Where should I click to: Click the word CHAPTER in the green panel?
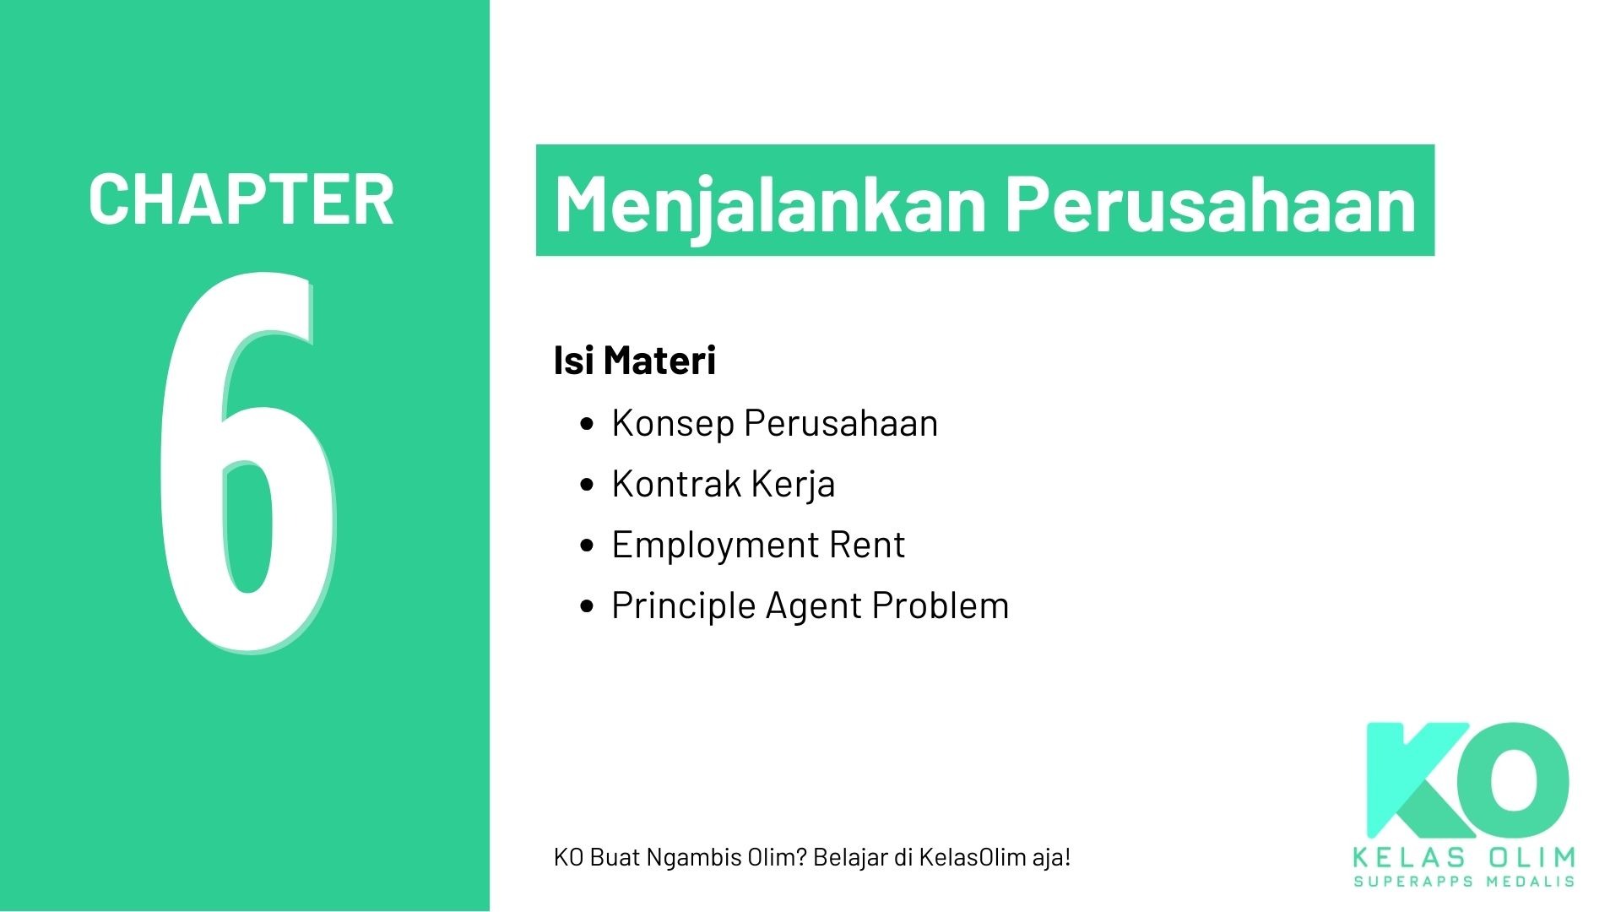click(x=241, y=199)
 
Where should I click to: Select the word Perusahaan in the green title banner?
click(x=1212, y=204)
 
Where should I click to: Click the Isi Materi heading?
click(x=634, y=361)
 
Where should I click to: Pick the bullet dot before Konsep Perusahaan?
click(x=588, y=424)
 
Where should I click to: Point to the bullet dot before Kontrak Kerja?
click(x=588, y=485)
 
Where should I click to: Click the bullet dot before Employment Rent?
click(x=588, y=546)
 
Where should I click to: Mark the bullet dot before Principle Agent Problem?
click(x=588, y=606)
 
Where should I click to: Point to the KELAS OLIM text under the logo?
click(x=1464, y=858)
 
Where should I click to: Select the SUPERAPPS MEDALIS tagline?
click(x=1464, y=882)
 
